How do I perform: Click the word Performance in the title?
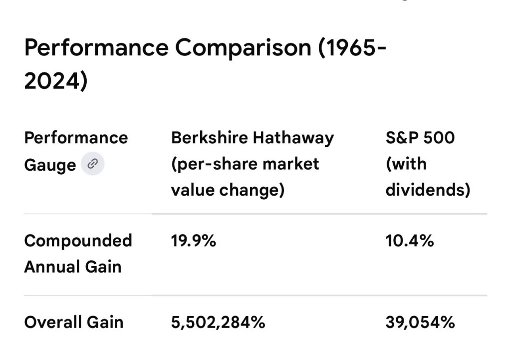point(96,48)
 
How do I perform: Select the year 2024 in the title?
point(55,80)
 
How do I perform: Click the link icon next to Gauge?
point(92,164)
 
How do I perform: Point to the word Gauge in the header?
point(50,164)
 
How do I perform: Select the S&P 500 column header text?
point(420,137)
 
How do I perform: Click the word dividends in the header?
point(428,190)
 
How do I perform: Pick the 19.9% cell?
point(194,241)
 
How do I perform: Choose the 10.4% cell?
point(409,241)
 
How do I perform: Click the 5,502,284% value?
point(218,322)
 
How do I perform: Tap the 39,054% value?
point(420,322)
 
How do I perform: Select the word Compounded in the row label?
point(78,241)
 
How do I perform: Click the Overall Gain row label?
point(73,322)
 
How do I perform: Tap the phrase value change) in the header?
point(228,190)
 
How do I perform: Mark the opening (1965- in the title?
point(350,48)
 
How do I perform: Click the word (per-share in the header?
point(211,164)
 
